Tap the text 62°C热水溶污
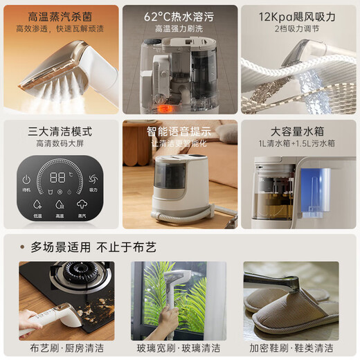pyautogui.click(x=179, y=16)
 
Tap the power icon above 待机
pyautogui.click(x=26, y=179)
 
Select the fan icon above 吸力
pyautogui.click(x=93, y=179)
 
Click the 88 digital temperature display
pyautogui.click(x=60, y=177)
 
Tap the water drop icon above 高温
pyautogui.click(x=60, y=205)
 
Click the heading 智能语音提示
pyautogui.click(x=179, y=131)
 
